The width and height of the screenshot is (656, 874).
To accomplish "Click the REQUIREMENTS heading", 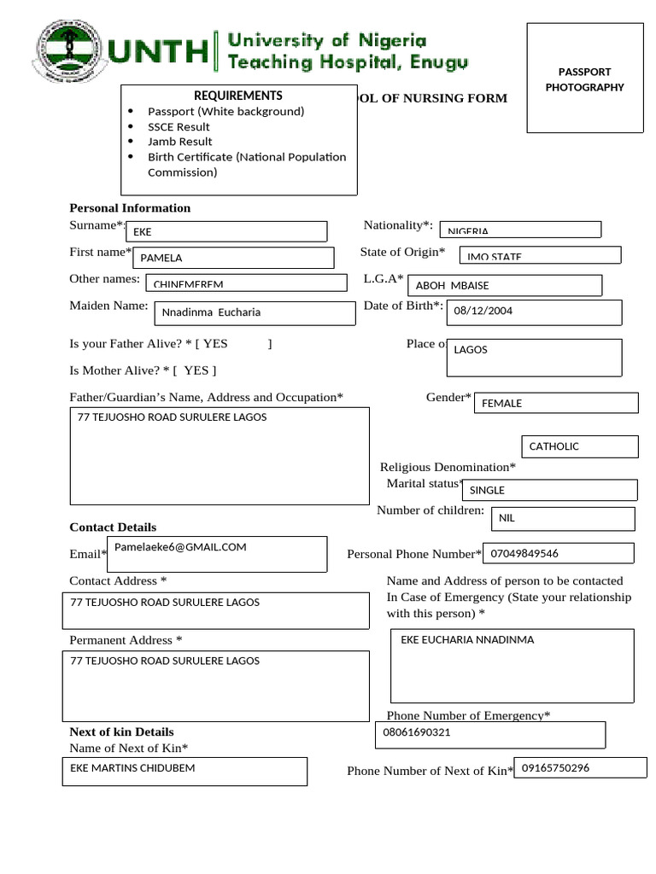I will (x=237, y=96).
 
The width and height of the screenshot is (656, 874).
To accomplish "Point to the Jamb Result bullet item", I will (x=179, y=142).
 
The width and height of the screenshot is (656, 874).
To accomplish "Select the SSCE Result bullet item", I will (x=179, y=126).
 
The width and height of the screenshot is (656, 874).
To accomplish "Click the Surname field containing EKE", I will (x=226, y=231).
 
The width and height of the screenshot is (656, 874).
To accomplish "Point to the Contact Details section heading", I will (x=113, y=527).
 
